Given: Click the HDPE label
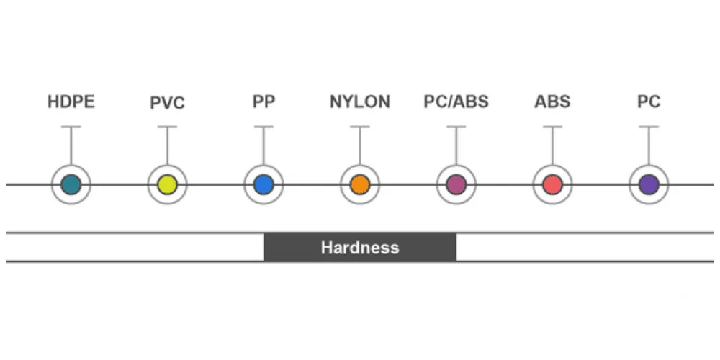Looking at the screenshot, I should pos(71,102).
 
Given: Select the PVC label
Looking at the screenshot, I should pos(167,104).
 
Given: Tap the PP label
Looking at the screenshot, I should pos(264,102).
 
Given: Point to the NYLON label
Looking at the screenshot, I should pos(360,102).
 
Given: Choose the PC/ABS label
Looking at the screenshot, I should pos(456,102).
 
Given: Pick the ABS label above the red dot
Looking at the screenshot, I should pos(552,102).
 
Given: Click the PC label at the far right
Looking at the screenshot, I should pos(649,102).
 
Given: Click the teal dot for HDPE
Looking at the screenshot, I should pos(71,184).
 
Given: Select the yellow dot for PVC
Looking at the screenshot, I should pos(167,184).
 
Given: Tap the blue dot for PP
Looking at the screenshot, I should pos(264,184).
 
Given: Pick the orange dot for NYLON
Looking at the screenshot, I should pos(360,184).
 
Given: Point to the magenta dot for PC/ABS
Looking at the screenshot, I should pos(456,184).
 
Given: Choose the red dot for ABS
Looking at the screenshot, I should pos(552,184).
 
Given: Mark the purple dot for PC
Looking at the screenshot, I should pos(649,184).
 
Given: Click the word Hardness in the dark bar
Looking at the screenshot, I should pos(360,248).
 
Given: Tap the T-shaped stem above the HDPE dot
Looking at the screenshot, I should pos(71,144).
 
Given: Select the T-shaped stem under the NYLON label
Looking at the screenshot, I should pos(360,144).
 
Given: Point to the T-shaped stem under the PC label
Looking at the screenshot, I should pos(649,144).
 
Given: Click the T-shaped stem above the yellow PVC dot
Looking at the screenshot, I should pos(167,144).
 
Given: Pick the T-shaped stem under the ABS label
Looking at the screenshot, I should pos(552,144).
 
